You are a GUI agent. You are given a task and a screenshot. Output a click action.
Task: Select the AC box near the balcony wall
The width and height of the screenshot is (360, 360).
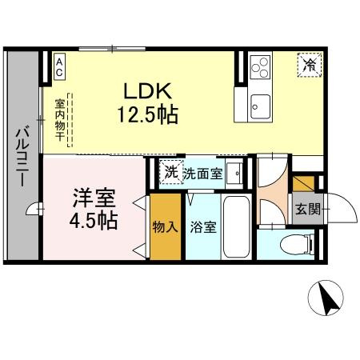60,66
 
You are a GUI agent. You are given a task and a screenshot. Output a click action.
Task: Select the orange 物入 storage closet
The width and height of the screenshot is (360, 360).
165,227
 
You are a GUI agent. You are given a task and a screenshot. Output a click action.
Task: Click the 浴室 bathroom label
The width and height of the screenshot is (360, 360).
202,227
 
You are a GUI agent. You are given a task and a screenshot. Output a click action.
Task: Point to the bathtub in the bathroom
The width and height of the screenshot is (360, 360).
236,226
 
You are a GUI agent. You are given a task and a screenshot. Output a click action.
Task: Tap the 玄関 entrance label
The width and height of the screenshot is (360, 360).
306,210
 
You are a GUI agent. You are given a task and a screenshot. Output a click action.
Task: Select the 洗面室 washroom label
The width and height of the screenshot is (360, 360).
202,173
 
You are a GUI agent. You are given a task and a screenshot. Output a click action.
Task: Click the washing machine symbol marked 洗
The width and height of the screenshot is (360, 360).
170,172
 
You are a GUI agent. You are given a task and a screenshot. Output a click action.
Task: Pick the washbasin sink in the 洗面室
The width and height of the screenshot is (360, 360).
234,173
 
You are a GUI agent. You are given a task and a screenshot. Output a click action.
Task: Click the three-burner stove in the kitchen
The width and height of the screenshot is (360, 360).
262,67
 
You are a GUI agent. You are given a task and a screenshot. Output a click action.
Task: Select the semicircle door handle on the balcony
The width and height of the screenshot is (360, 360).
33,210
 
